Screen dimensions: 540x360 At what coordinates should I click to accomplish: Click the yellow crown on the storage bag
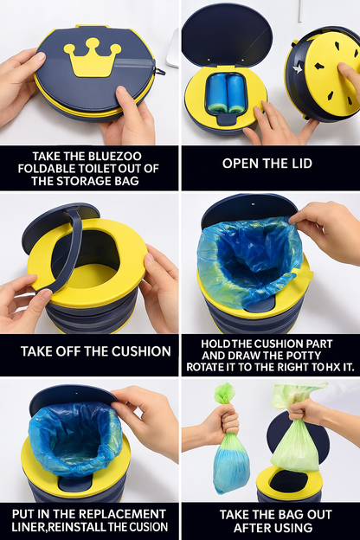pos(92,58)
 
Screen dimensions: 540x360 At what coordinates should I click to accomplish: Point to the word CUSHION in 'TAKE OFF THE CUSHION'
pos(140,352)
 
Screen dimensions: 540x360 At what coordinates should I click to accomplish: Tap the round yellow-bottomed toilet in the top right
pos(324,75)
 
